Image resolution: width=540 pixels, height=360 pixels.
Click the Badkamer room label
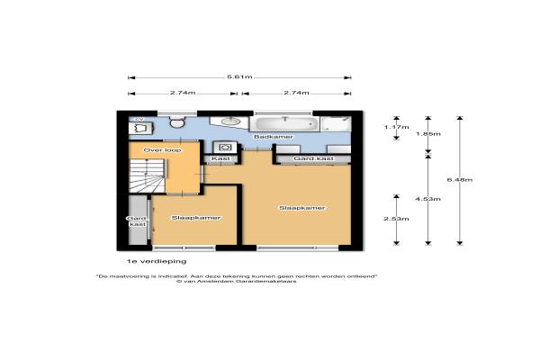point(274,137)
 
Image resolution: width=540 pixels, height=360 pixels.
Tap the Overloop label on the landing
point(162,150)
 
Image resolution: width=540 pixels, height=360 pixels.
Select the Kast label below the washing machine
point(220,158)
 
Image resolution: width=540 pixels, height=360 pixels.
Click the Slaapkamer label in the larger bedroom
point(302,208)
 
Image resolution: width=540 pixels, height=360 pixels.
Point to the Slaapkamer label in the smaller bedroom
point(196,218)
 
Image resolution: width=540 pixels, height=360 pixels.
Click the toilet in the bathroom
point(177,122)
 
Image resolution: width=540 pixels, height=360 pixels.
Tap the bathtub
point(284,124)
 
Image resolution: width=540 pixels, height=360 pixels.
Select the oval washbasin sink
point(231,121)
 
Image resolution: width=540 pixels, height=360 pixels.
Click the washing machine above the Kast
point(225,148)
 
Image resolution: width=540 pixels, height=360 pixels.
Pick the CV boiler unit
point(141,128)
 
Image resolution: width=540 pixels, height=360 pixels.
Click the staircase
point(148,176)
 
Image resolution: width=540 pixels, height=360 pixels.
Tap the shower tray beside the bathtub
point(336,124)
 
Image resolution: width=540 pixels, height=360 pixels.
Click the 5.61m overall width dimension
point(239,77)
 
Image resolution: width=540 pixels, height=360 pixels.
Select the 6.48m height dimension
point(459,180)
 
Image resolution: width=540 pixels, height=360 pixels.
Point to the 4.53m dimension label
point(427,199)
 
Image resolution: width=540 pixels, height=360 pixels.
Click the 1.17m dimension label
point(396,127)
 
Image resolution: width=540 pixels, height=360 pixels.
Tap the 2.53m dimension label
point(396,219)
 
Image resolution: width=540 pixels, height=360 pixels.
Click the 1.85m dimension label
point(428,134)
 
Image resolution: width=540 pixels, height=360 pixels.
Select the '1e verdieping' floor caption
point(157,262)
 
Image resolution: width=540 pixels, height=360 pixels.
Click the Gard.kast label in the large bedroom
point(313,158)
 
